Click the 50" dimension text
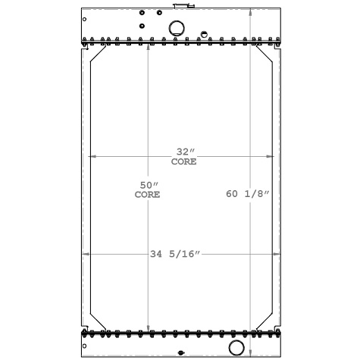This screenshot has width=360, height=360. tap(148, 185)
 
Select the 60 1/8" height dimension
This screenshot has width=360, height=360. tap(248, 194)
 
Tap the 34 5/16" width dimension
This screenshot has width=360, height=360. tap(175, 254)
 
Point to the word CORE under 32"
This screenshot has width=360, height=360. tap(183, 161)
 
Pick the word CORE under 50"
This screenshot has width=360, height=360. tap(148, 195)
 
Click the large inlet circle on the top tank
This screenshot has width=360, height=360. tap(176, 28)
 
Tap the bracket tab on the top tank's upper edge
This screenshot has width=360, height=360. tap(180, 6)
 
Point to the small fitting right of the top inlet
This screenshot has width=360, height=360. tap(203, 34)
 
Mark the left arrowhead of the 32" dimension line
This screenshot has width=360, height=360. tap(92, 156)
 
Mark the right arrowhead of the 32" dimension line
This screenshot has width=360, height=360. tap(273, 156)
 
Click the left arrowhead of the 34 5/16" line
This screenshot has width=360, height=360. tap(83, 254)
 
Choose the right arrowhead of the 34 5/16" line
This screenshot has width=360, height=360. tap(278, 254)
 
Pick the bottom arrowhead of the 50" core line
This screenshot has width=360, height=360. tap(148, 328)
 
